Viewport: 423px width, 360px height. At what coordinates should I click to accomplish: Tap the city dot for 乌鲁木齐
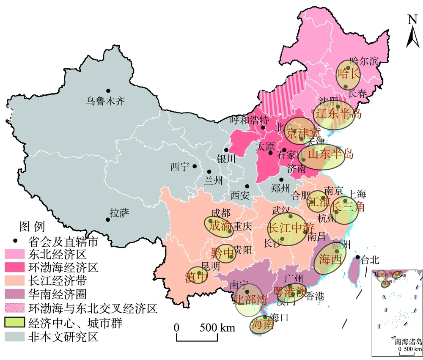coord(108,91)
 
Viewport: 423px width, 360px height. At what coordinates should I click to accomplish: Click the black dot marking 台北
coord(358,257)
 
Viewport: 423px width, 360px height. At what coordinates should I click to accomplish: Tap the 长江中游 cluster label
coord(288,228)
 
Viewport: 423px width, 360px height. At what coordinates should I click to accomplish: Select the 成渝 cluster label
coord(220,225)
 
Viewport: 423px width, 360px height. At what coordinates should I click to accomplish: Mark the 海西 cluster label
coord(330,258)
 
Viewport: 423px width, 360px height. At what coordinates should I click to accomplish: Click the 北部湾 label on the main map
coord(251,300)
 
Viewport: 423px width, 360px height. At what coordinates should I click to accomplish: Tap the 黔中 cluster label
coord(222,253)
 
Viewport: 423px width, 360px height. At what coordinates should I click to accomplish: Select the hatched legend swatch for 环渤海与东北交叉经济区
coord(15,309)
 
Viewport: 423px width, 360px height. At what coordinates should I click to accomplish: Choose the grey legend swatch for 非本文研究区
coord(15,337)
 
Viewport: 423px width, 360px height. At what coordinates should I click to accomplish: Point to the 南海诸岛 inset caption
coord(408,342)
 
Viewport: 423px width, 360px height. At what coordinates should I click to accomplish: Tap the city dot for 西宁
coord(195,166)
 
